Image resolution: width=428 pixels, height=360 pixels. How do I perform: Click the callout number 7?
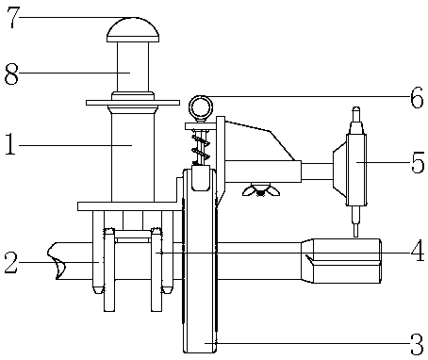pyautogui.click(x=12, y=17)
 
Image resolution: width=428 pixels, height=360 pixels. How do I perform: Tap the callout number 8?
pyautogui.click(x=11, y=74)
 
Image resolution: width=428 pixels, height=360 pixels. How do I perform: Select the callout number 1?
pyautogui.click(x=10, y=144)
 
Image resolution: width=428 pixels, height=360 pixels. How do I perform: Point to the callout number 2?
pyautogui.click(x=11, y=262)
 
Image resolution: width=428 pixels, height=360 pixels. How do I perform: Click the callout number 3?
pyautogui.click(x=418, y=345)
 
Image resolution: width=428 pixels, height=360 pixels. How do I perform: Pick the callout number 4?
pyautogui.click(x=418, y=251)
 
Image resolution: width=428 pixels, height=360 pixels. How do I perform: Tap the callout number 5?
pyautogui.click(x=418, y=162)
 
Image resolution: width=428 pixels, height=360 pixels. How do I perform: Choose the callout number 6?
pyautogui.click(x=417, y=97)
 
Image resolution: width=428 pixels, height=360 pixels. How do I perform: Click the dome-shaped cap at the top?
pyautogui.click(x=133, y=30)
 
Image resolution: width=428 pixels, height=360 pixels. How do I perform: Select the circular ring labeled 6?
pyautogui.click(x=201, y=97)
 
